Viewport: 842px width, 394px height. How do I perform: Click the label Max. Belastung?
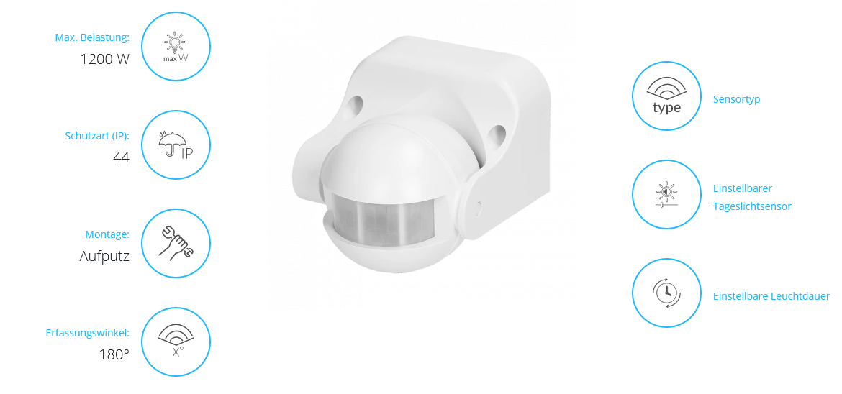[x=92, y=37]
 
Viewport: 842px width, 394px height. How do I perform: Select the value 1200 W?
[x=105, y=59]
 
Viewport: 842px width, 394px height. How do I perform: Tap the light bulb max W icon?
[x=176, y=47]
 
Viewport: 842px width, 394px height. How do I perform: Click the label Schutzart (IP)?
[x=96, y=136]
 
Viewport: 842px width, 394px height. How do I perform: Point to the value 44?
[x=122, y=157]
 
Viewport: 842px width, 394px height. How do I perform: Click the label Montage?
[x=107, y=234]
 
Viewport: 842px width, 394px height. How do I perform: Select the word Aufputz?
[x=104, y=257]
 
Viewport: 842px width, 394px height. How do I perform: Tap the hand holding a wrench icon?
[x=176, y=243]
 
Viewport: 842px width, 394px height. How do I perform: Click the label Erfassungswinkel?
[x=88, y=334]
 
